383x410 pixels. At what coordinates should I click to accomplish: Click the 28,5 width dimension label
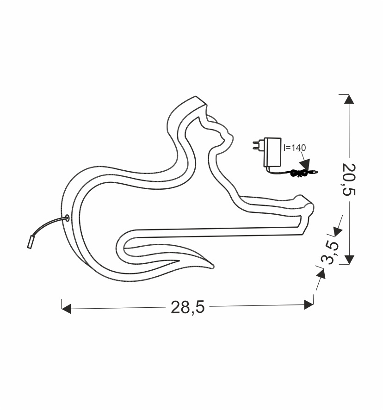(x=187, y=307)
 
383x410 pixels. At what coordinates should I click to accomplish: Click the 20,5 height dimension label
(x=349, y=180)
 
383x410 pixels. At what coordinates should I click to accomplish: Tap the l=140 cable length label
(x=295, y=148)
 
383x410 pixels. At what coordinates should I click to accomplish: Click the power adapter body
(x=272, y=152)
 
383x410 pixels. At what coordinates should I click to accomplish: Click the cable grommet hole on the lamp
(x=67, y=218)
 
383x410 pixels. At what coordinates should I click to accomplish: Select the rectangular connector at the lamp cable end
(x=31, y=242)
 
